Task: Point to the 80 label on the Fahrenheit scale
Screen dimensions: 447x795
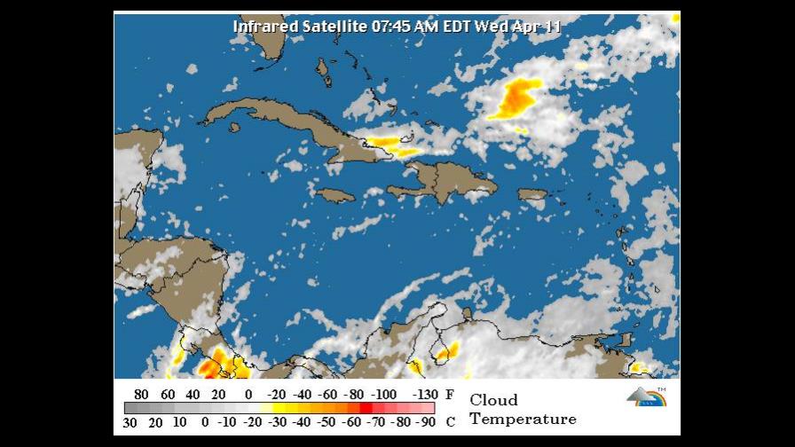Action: [x=141, y=394]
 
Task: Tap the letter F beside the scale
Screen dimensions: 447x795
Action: [x=450, y=394]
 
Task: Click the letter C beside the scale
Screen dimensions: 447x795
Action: [x=450, y=422]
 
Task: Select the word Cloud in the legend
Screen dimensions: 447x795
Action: [x=493, y=400]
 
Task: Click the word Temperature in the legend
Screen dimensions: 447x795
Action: [x=523, y=419]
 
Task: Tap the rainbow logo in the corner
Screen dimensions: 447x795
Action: [x=646, y=396]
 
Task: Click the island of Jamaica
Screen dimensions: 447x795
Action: [x=335, y=195]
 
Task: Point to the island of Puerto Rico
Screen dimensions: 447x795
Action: [x=532, y=194]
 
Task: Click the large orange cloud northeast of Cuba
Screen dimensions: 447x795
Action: [x=516, y=98]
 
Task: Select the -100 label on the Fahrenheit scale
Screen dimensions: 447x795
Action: [x=384, y=394]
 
